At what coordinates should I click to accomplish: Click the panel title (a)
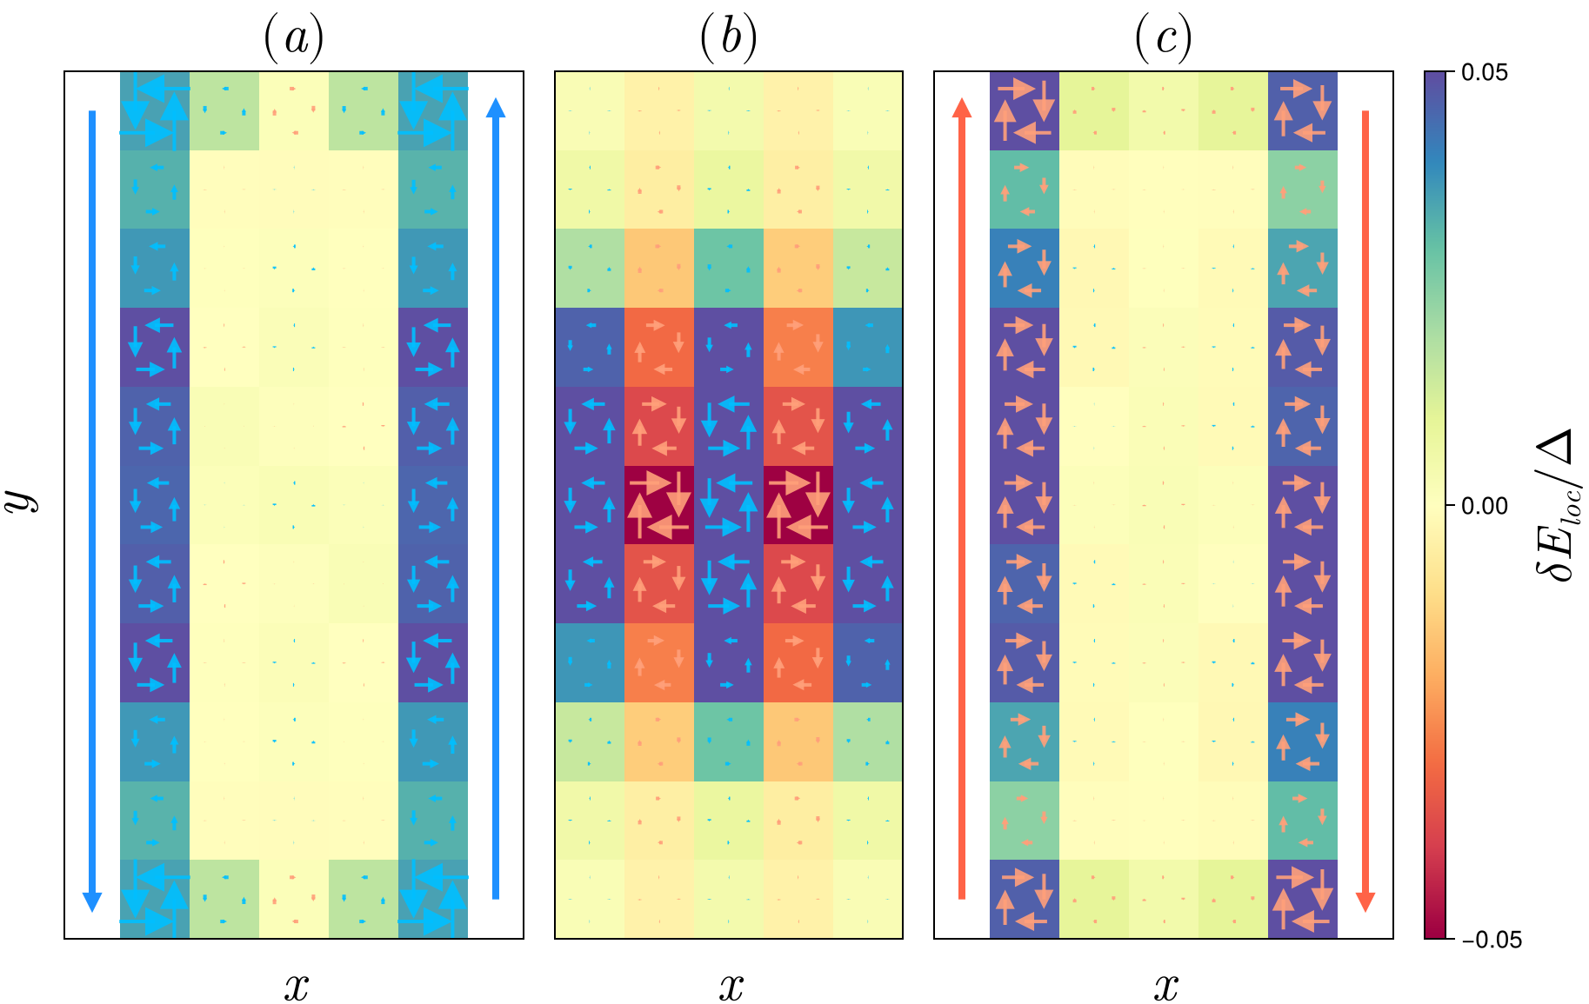pos(294,38)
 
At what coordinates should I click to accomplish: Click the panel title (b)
pos(729,38)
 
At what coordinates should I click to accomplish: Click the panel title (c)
pos(1164,38)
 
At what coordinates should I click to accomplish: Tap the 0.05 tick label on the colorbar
pos(1485,72)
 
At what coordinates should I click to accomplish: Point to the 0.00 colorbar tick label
pos(1485,506)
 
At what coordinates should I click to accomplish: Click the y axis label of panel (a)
pos(24,501)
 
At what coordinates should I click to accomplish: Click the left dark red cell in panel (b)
pos(659,505)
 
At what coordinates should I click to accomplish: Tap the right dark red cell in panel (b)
pos(798,505)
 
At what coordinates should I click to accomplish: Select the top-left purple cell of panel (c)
pos(1025,110)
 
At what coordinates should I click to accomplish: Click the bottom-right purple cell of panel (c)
pos(1303,899)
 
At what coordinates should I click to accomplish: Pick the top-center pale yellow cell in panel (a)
pos(294,110)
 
